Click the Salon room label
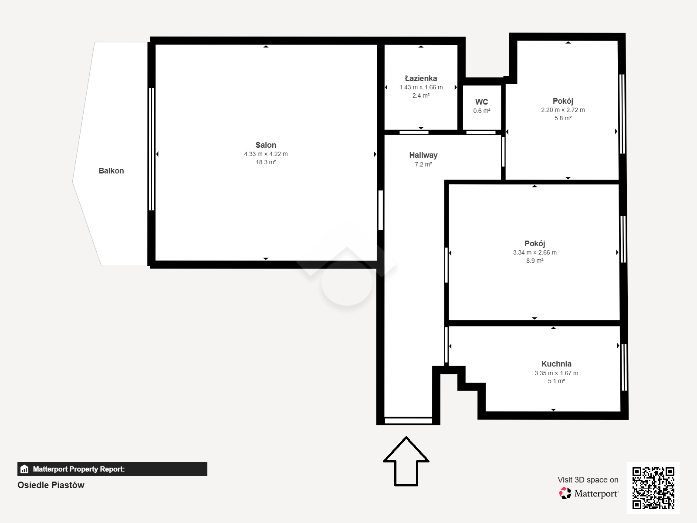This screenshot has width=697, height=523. (266, 145)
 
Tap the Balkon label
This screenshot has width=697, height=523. (111, 171)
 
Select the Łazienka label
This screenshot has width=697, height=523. (421, 78)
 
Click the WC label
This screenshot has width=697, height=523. (481, 102)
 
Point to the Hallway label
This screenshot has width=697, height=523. (423, 155)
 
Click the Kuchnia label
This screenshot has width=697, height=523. (556, 364)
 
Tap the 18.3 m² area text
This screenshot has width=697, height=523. (266, 162)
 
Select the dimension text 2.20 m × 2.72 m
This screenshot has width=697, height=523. (563, 110)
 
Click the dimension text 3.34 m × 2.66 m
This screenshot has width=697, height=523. (535, 252)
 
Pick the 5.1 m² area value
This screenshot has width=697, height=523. (556, 381)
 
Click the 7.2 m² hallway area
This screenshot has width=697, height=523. (423, 164)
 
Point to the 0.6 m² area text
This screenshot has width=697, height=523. (482, 111)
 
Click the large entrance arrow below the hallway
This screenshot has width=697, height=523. (406, 462)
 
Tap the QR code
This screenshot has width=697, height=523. (653, 488)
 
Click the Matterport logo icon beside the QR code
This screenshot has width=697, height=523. (565, 493)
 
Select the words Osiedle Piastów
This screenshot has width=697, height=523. (51, 485)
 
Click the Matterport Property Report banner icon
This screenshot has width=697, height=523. (24, 469)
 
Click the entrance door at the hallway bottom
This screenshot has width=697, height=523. (408, 421)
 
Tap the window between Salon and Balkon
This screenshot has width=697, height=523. (152, 149)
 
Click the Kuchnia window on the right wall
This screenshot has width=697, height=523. (624, 367)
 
